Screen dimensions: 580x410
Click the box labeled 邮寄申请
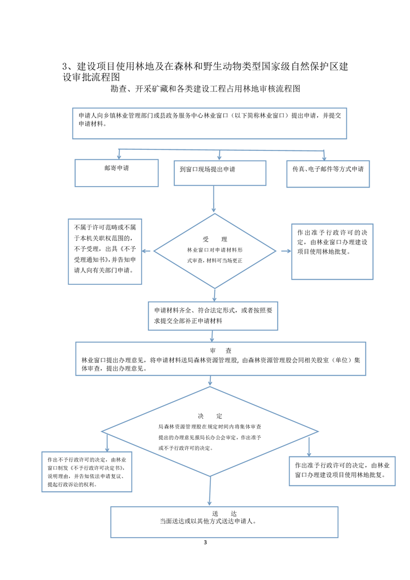tap(116, 173)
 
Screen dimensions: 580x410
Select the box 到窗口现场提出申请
tap(220, 173)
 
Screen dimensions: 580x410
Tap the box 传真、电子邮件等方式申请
tap(328, 173)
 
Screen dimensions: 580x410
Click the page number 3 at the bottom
tap(205, 542)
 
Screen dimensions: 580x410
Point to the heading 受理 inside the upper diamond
tap(215, 239)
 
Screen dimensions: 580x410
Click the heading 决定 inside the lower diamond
tap(209, 416)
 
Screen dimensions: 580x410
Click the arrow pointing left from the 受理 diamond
tap(147, 251)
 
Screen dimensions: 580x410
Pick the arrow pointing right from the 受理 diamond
tap(285, 251)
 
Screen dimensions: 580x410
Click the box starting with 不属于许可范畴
tap(105, 251)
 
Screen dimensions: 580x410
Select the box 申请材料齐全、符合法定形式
tap(214, 315)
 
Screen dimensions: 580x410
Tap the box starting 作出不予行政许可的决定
tap(86, 471)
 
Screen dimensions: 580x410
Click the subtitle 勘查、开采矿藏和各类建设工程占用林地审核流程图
tap(205, 89)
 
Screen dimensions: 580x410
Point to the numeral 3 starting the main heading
tap(65, 66)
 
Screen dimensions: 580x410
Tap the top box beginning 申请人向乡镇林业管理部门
tap(209, 123)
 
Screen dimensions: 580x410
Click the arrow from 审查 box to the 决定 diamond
tap(209, 381)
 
